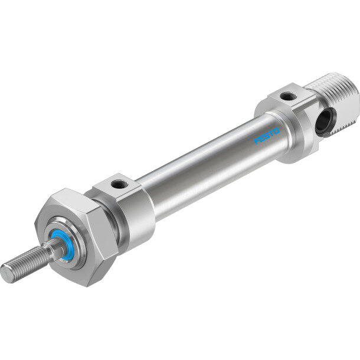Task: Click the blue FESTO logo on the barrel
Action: point(266,136)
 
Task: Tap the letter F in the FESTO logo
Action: point(257,140)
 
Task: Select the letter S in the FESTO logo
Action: point(266,136)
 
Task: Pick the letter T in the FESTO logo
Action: point(271,134)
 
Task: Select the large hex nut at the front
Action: point(76,237)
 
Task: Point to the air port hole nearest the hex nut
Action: point(119,184)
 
